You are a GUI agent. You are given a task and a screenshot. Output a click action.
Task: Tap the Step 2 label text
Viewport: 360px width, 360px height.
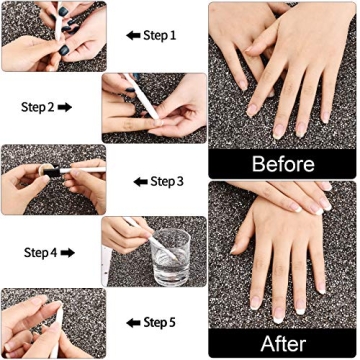[x=42, y=104]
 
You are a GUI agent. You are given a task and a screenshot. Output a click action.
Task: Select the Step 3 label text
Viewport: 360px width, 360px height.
[x=166, y=181]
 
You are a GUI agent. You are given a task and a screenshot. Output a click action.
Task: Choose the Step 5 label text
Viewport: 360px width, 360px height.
[x=161, y=323]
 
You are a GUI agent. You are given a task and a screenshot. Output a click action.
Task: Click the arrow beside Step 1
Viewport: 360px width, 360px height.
[x=132, y=35]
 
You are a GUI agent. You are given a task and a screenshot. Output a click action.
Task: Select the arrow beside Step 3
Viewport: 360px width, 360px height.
[x=140, y=181]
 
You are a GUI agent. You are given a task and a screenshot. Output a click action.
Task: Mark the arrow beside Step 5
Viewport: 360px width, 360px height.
[x=134, y=323]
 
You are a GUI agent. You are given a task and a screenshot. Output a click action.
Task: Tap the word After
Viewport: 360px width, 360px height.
[x=283, y=343]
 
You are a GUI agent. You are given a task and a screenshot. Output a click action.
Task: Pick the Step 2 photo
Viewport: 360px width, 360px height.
[x=154, y=107]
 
